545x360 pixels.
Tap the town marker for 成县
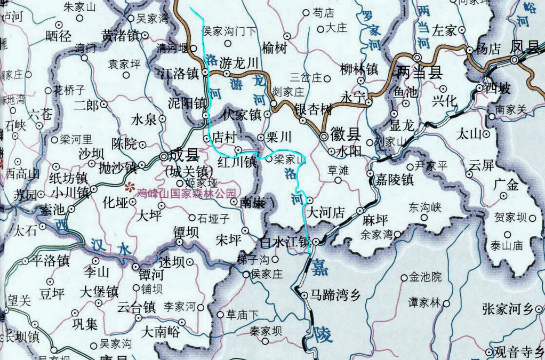[164, 156]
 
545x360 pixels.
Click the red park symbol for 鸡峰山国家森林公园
[129, 187]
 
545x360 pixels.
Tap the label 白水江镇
[284, 243]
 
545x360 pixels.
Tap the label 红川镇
[236, 162]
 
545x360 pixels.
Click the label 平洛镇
[51, 261]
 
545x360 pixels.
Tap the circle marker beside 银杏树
[303, 121]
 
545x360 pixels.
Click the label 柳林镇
[359, 69]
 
